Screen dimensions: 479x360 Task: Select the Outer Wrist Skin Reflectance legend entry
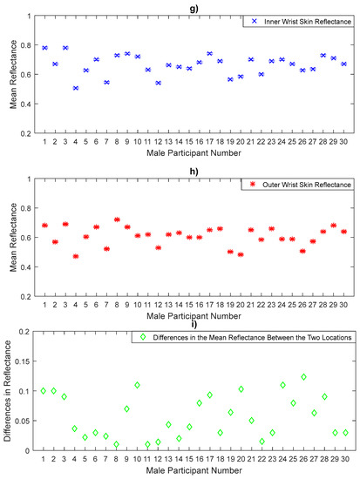tap(302, 185)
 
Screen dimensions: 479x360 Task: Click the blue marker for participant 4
tap(76, 88)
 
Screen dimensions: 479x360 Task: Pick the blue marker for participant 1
tap(44, 47)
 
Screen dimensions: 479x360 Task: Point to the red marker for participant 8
tap(117, 219)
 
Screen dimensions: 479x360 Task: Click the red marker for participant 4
tap(76, 256)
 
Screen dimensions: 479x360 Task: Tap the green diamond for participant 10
tap(138, 385)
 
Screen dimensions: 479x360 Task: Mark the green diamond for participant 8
tap(117, 444)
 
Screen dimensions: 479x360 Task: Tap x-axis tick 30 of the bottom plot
tap(345, 459)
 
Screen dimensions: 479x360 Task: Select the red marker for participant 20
tap(241, 254)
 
